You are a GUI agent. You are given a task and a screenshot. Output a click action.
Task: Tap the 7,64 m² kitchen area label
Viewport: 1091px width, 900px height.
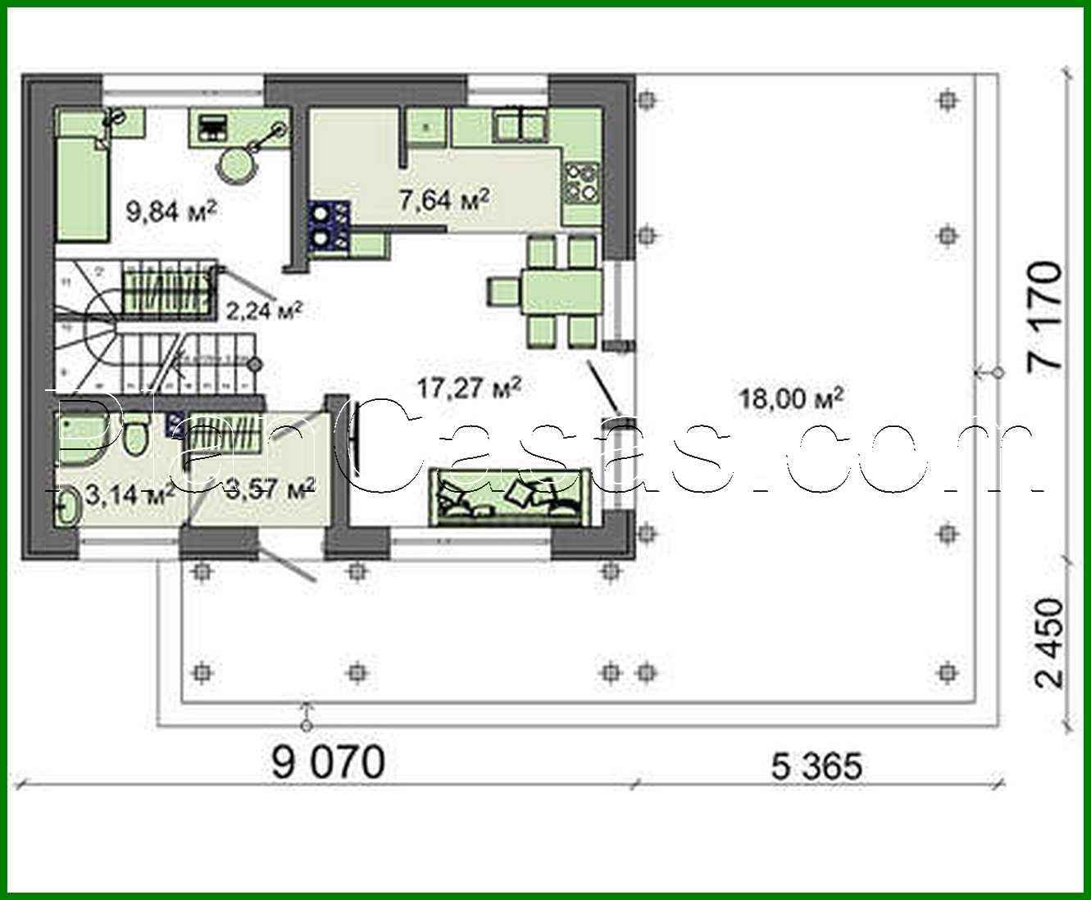tap(444, 199)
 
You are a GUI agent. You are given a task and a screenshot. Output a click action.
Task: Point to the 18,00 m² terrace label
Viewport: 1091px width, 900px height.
tap(792, 399)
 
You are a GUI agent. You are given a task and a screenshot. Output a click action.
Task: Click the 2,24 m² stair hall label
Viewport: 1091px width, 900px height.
tap(264, 311)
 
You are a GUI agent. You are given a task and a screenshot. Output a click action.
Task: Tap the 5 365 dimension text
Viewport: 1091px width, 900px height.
tap(816, 767)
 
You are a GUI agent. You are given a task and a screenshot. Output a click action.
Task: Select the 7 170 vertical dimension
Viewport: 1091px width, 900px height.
tap(1044, 319)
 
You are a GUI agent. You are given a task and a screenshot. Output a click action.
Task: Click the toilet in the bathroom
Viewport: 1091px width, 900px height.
tap(135, 435)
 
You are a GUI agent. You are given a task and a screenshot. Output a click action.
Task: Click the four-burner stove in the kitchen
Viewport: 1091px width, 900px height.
tap(583, 183)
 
